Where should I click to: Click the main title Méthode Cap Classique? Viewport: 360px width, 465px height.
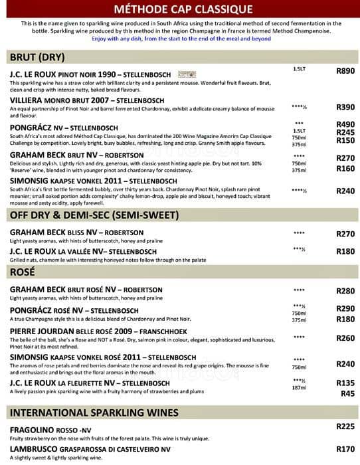coord(179,9)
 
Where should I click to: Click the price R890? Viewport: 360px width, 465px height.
coord(345,70)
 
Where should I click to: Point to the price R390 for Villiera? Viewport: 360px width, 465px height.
coord(345,107)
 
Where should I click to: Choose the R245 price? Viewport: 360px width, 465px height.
coord(345,132)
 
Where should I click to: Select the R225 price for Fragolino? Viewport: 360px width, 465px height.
coord(345,426)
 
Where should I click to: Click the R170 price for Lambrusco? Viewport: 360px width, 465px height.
coord(345,448)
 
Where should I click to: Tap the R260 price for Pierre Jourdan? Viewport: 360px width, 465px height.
coord(345,338)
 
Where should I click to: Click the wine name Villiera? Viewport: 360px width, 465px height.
coord(29,100)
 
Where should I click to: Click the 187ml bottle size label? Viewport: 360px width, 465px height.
coord(299,389)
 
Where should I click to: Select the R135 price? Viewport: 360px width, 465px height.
coord(345,383)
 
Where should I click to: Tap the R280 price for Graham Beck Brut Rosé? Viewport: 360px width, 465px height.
coord(345,291)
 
